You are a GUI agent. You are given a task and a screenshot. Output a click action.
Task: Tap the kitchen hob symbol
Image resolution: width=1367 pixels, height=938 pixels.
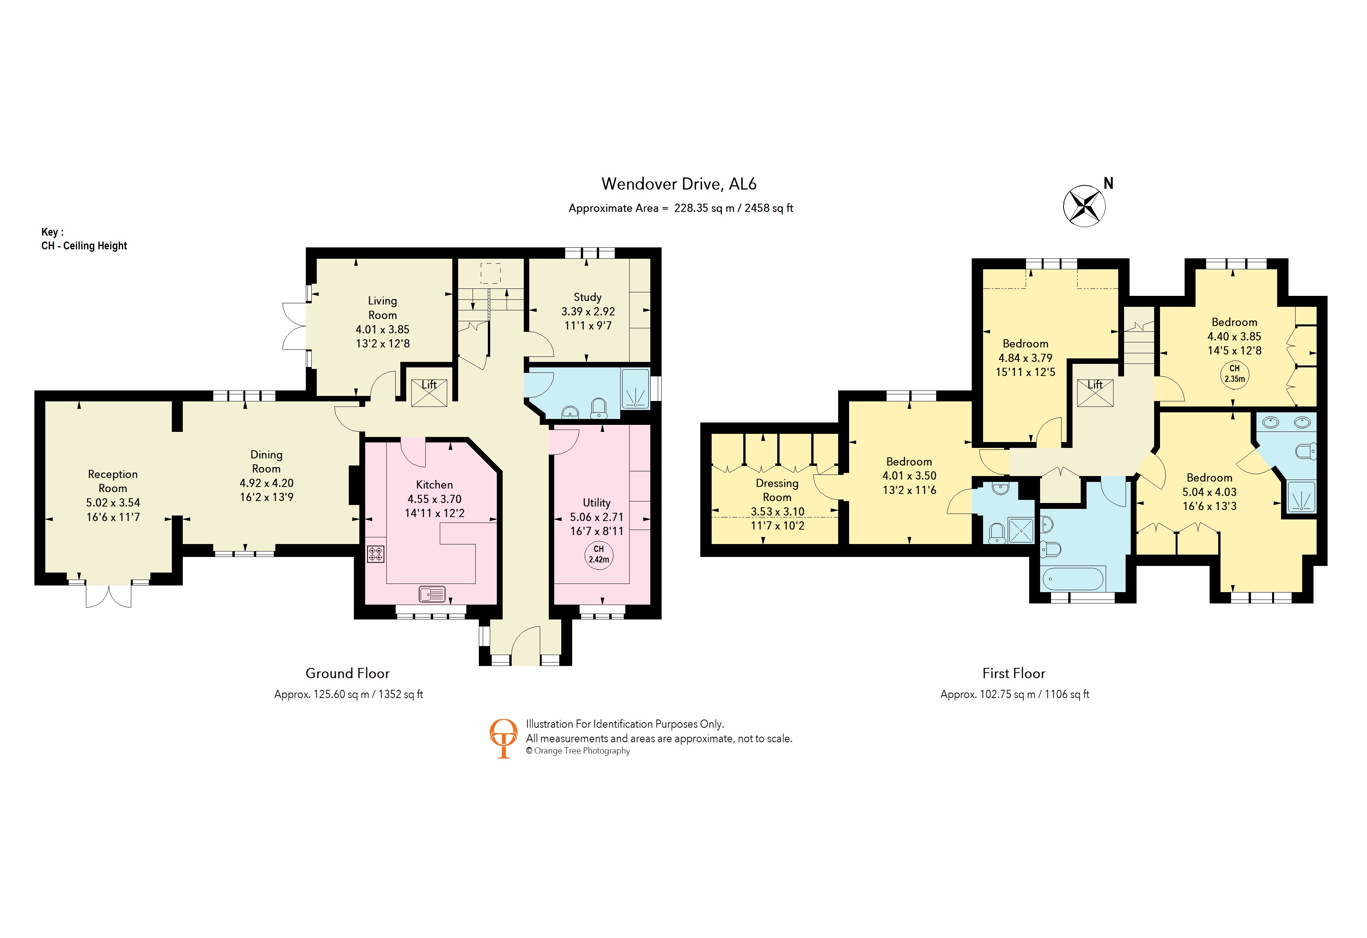375,554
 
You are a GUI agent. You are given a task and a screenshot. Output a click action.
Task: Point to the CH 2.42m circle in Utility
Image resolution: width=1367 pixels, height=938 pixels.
598,554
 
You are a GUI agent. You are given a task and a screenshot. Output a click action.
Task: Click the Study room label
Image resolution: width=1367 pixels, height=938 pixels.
587,297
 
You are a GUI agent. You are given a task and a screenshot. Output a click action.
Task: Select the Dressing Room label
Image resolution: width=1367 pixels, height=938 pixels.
777,490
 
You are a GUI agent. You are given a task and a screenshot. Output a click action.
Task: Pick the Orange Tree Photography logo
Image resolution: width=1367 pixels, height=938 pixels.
503,738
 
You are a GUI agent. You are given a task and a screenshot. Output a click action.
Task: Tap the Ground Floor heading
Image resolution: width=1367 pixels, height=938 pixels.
347,673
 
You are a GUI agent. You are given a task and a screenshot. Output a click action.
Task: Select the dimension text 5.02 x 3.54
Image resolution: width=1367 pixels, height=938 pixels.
113,503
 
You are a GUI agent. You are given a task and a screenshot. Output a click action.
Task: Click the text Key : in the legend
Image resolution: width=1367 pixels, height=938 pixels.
52,232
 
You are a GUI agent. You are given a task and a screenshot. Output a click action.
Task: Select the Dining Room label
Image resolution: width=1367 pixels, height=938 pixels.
266,461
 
